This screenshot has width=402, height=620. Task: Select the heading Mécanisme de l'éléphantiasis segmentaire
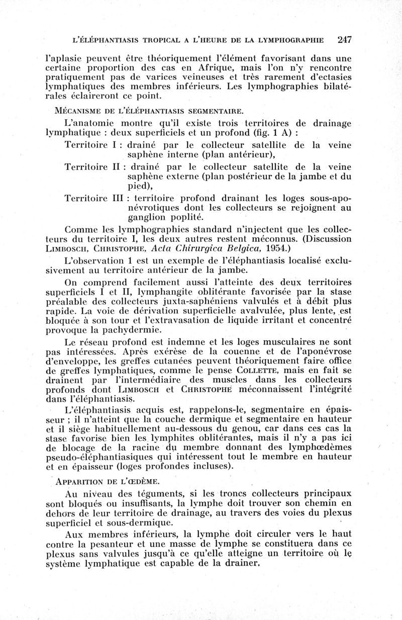pyautogui.click(x=148, y=110)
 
